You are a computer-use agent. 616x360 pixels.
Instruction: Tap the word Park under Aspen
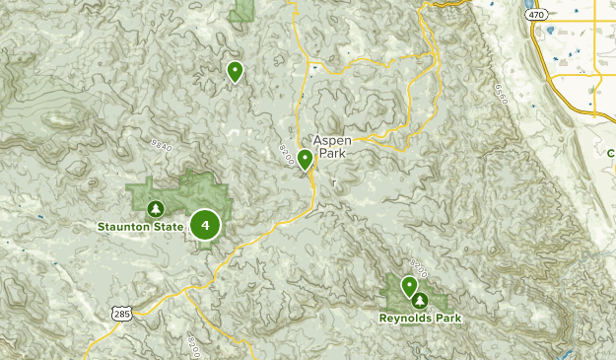[332, 154]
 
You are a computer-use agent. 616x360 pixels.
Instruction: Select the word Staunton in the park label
[126, 227]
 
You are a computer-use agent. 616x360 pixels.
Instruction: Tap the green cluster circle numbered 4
[205, 225]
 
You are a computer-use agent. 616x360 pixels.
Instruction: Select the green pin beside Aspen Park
[306, 159]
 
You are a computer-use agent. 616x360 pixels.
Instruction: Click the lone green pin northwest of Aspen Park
[236, 71]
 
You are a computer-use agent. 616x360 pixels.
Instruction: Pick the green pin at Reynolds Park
[409, 287]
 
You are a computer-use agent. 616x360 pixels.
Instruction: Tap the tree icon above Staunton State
[155, 209]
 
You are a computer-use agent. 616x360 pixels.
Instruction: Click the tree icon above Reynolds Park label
[421, 300]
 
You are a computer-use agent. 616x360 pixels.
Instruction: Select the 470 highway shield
[535, 16]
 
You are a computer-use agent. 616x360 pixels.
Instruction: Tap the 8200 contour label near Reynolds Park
[418, 267]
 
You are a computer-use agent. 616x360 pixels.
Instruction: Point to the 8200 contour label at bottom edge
[193, 346]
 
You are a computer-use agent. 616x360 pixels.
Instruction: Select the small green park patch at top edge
[242, 10]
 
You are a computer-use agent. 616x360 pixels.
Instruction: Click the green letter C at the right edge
[611, 153]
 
